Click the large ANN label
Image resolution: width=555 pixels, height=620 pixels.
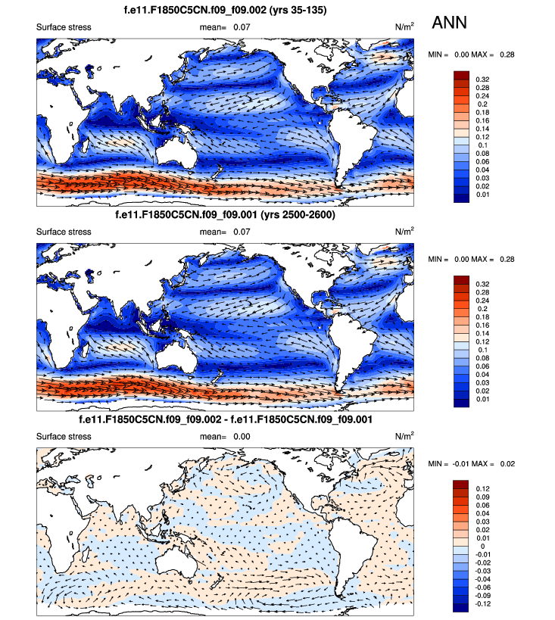pyautogui.click(x=449, y=23)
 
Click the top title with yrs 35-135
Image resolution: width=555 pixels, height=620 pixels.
pyautogui.click(x=225, y=11)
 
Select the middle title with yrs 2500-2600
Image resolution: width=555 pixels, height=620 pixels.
pyautogui.click(x=225, y=214)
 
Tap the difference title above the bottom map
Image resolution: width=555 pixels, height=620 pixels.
pyautogui.click(x=225, y=419)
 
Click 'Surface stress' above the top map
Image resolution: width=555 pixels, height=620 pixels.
pyautogui.click(x=64, y=28)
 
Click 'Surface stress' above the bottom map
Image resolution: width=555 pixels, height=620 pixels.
pyautogui.click(x=64, y=437)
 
